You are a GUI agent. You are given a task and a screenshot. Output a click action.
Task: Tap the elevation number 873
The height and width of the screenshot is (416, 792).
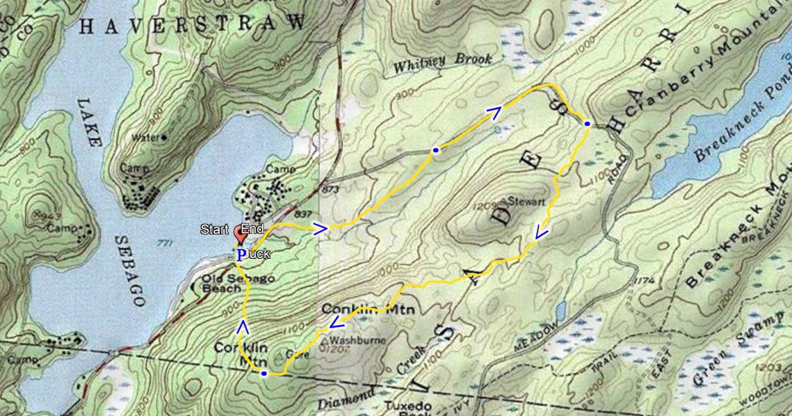[x=330, y=189]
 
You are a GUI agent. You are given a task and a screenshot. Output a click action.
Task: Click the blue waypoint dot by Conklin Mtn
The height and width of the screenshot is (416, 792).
[x=264, y=374]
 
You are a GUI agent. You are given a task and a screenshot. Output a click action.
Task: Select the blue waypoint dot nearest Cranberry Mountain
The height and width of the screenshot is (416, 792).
[x=588, y=124]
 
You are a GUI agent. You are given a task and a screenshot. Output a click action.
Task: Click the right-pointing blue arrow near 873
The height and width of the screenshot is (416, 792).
[x=321, y=229]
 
